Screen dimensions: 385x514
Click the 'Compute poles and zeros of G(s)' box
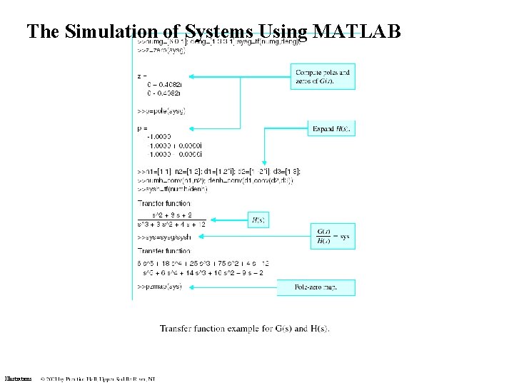[x=323, y=77]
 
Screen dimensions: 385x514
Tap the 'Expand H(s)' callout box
[x=332, y=129]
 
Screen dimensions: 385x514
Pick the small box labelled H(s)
[x=258, y=220]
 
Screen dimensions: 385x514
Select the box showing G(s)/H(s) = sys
[x=333, y=236]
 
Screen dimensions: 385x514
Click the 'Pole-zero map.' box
[x=316, y=287]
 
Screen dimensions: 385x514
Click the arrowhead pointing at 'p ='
[x=191, y=128]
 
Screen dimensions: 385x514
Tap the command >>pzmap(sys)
[x=160, y=287]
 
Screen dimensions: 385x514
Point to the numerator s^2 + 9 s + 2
[x=171, y=215]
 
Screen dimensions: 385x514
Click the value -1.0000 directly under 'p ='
[x=158, y=136]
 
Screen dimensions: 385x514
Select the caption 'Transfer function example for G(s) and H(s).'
[x=245, y=329]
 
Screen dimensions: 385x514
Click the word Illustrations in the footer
[x=18, y=378]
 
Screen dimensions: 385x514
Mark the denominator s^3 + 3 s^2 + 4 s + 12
[x=171, y=225]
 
